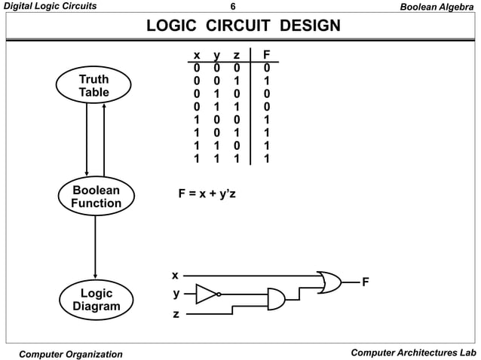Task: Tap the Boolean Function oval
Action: pyautogui.click(x=96, y=197)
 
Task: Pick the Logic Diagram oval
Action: pyautogui.click(x=96, y=300)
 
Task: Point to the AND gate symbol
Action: pyautogui.click(x=276, y=300)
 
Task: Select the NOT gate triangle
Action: pyautogui.click(x=206, y=294)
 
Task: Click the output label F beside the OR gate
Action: pyautogui.click(x=366, y=282)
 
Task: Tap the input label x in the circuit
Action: pyautogui.click(x=175, y=275)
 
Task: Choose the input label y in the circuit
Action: pyautogui.click(x=176, y=294)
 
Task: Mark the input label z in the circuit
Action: pyautogui.click(x=176, y=313)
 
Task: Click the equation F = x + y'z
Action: pyautogui.click(x=207, y=194)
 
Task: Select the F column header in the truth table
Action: pyautogui.click(x=265, y=55)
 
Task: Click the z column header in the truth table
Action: pyautogui.click(x=236, y=55)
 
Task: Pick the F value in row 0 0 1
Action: pyautogui.click(x=265, y=81)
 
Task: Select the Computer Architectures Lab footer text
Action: pyautogui.click(x=414, y=352)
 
